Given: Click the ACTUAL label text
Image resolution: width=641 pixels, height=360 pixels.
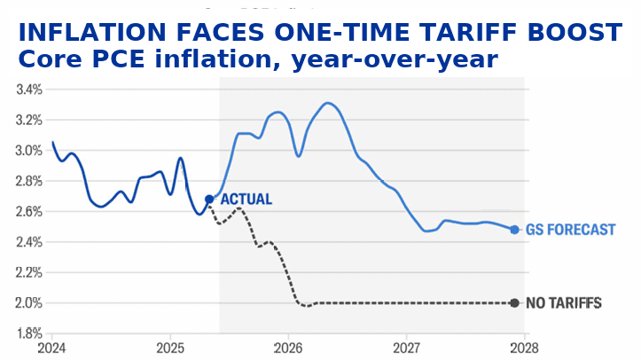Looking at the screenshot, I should point(246,200).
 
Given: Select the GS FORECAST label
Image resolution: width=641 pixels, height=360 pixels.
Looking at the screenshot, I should point(570,230).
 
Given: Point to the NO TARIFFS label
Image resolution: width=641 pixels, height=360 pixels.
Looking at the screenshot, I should point(564,303).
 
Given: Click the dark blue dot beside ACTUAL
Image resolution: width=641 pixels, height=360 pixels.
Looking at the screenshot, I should point(209,200).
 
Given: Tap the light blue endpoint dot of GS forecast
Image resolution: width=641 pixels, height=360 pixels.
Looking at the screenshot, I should point(514,230).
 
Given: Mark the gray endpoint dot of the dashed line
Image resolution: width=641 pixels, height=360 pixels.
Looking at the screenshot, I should point(514,303).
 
